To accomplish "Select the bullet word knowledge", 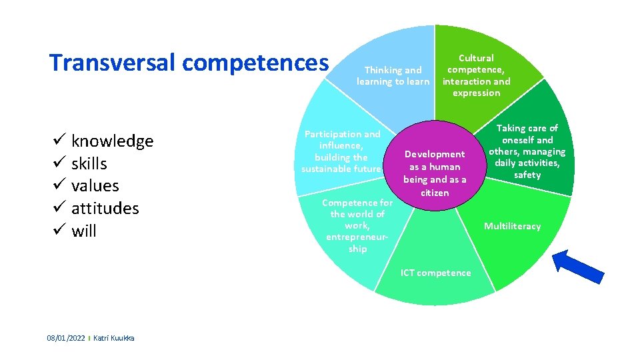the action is coord(112,141).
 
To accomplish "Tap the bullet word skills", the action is coord(89,164).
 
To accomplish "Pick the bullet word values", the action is coord(95,186).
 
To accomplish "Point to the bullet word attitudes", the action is coord(105,209).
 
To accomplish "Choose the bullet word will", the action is coord(83,231).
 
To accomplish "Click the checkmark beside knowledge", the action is coord(57,141).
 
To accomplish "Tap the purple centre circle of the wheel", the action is coord(435,166).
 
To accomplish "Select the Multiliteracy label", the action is coord(512,227).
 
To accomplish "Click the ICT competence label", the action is coord(435,273).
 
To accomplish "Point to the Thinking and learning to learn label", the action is coord(393,75).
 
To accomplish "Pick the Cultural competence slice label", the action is coord(476,75).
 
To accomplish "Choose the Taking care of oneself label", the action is coord(527,151).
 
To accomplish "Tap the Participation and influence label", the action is coord(341,151).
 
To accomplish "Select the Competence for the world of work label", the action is coord(357,225).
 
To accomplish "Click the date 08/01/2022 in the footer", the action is coord(66,339).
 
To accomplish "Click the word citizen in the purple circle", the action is coord(435,193).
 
